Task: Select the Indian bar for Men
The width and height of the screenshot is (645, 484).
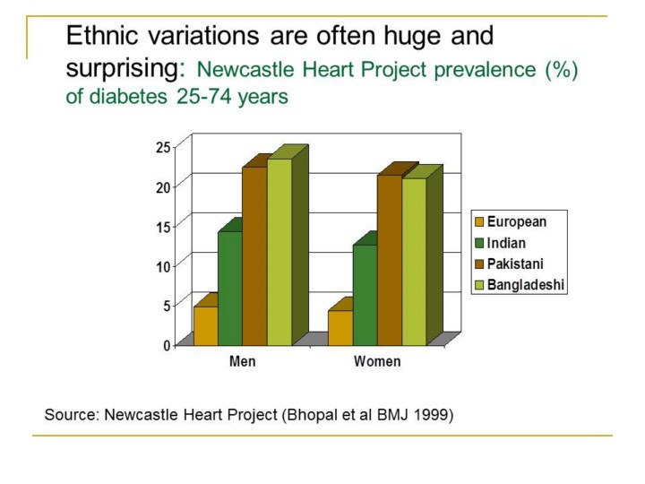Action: [230, 288]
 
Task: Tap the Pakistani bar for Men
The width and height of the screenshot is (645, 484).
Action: [254, 255]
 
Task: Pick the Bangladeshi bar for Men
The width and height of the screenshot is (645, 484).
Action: [279, 251]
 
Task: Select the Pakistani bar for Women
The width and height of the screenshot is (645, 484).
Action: [389, 259]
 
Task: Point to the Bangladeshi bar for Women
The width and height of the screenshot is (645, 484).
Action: [414, 261]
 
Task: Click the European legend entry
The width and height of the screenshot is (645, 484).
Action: [516, 221]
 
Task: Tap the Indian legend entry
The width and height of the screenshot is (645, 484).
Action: [506, 243]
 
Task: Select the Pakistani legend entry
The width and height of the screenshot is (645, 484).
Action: [515, 264]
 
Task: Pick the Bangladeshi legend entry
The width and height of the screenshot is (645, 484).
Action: [525, 286]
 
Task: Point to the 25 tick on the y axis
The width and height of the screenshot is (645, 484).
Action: [163, 147]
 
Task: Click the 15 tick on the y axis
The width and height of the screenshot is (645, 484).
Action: [163, 226]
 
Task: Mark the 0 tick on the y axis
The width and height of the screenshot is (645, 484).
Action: [167, 345]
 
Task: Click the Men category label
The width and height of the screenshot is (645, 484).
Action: [242, 362]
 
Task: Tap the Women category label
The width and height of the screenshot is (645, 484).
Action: [377, 362]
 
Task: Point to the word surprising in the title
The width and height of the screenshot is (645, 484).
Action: [125, 68]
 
